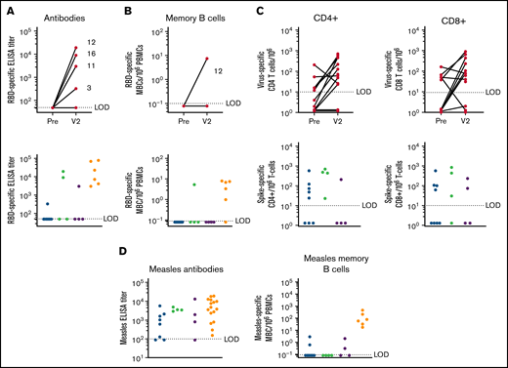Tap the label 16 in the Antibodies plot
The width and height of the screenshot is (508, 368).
coord(116,54)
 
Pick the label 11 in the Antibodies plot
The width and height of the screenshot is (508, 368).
coord(116,66)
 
